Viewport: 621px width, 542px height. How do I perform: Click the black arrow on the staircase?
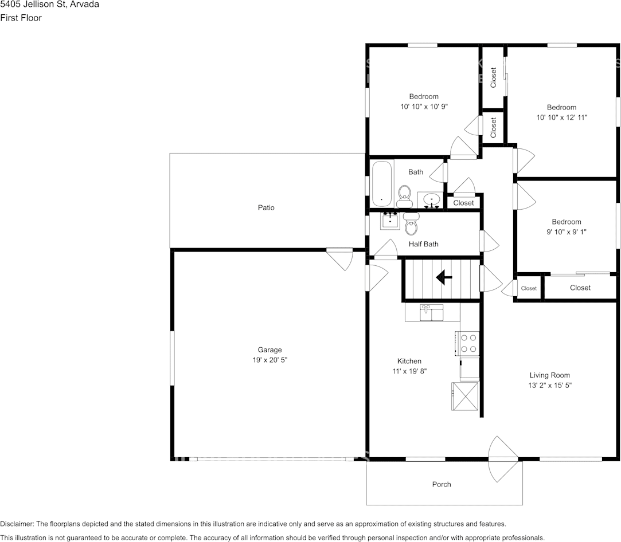point(444,278)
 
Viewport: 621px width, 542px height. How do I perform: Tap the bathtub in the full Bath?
point(381,184)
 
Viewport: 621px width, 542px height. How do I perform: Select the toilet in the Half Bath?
point(411,225)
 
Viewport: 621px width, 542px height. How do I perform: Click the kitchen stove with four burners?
point(468,343)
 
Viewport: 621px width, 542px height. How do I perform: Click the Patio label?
point(265,207)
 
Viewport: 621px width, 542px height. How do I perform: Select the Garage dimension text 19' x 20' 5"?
point(270,360)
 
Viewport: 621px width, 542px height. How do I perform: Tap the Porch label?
point(441,484)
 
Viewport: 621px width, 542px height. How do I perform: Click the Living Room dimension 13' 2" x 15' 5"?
point(549,386)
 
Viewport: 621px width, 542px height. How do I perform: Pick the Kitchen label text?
point(409,361)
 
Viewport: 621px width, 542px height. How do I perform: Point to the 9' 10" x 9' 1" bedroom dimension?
point(566,232)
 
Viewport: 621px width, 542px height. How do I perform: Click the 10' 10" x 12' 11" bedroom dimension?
point(561,117)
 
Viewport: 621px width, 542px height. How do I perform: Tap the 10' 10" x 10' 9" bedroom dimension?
point(424,106)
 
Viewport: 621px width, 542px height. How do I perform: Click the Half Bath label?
point(423,244)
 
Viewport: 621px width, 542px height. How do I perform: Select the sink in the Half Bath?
point(391,220)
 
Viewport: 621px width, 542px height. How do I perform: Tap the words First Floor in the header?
point(21,18)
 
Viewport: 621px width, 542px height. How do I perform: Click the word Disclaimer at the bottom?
point(17,524)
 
